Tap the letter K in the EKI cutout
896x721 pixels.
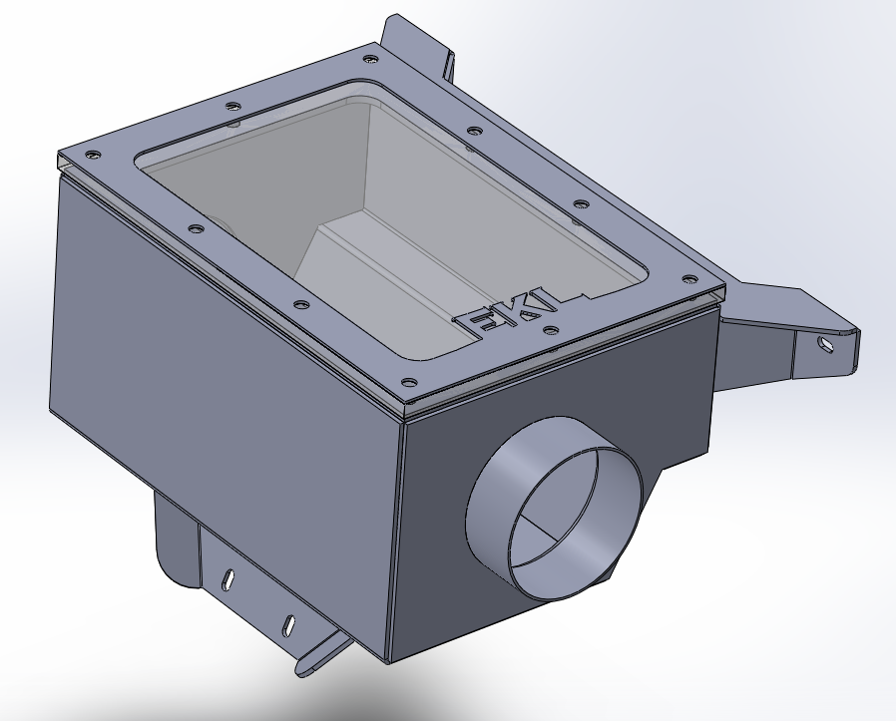[511, 313]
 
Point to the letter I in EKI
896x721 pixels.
[534, 305]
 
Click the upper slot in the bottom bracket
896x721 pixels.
[228, 578]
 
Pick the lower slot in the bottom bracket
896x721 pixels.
[288, 624]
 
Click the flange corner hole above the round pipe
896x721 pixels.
[408, 381]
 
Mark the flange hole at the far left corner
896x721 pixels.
[93, 155]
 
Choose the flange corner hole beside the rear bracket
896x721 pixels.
[370, 58]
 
